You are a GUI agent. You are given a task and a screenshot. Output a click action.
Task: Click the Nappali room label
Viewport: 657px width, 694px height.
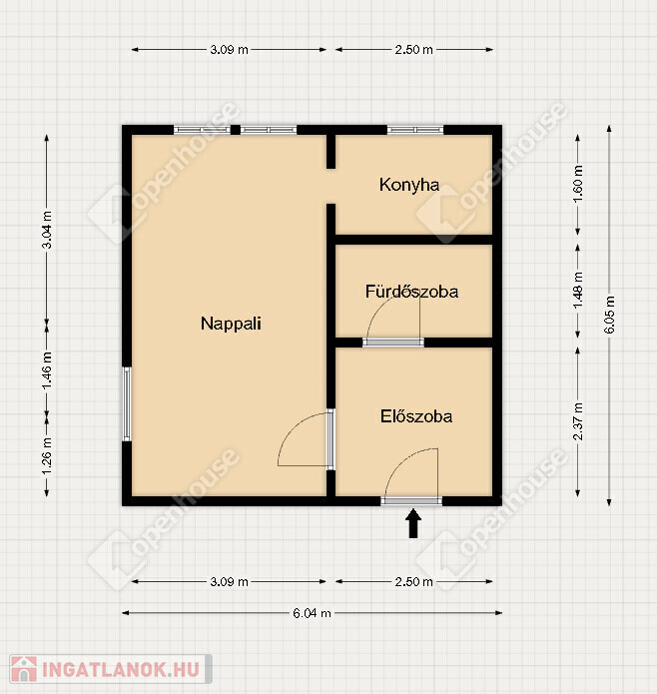231,324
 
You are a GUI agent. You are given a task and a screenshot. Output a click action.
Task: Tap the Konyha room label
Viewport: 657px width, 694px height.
409,185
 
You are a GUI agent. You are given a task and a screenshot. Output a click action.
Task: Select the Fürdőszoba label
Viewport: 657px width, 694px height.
411,292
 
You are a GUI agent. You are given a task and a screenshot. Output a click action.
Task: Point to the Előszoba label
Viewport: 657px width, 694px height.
416,416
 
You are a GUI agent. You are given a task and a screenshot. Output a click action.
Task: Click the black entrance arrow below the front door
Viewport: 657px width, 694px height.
413,523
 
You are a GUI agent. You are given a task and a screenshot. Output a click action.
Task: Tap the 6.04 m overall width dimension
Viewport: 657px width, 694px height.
312,613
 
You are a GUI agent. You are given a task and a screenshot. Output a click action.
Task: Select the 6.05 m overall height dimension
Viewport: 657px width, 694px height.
609,315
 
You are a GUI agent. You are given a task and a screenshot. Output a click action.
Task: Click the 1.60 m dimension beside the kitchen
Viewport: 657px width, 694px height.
578,184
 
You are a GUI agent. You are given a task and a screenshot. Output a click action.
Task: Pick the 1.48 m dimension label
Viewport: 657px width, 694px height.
578,291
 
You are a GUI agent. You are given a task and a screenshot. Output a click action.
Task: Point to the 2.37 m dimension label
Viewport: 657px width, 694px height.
578,421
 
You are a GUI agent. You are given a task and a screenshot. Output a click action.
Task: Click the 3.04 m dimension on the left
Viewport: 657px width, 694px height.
47,230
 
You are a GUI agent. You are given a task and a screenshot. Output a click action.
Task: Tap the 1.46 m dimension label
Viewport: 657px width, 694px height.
47,370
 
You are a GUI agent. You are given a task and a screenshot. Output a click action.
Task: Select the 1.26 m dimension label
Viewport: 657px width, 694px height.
47,455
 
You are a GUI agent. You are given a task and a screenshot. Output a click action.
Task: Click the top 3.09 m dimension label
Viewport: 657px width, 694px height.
229,50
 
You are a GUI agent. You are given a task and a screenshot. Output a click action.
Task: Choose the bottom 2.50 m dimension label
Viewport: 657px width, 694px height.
413,581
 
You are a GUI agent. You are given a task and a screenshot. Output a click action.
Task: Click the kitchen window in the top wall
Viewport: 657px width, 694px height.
415,130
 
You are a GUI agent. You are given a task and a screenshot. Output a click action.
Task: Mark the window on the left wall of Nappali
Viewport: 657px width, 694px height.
127,404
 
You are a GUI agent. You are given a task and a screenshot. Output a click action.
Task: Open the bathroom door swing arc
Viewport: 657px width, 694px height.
380,316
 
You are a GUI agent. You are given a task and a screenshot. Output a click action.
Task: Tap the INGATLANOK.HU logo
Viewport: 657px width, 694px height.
111,669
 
